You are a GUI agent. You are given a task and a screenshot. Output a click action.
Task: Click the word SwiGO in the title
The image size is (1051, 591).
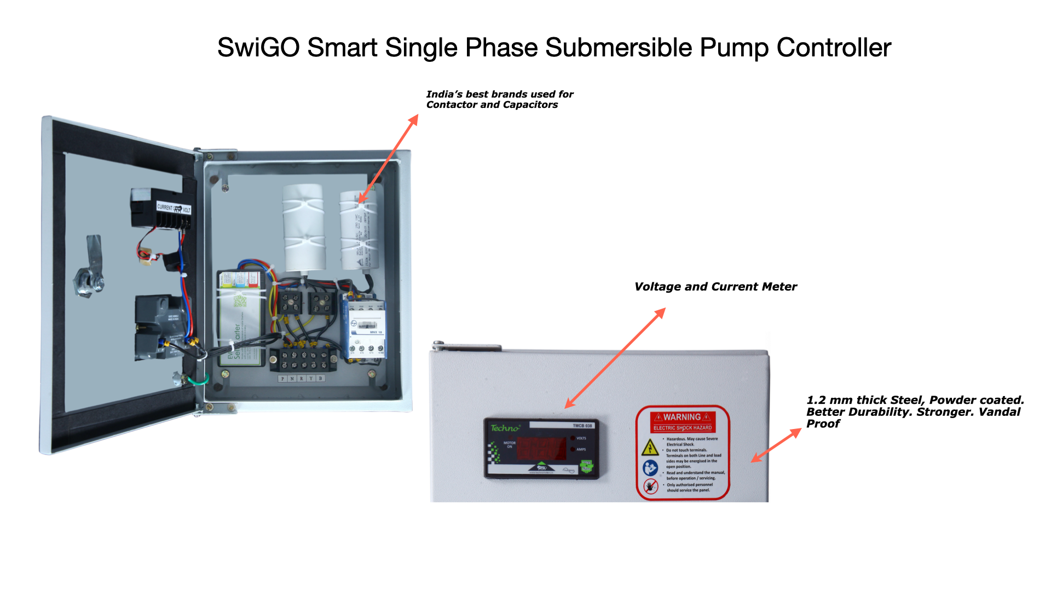(x=258, y=48)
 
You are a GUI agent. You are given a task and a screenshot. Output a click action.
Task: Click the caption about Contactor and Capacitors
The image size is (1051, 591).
(x=499, y=100)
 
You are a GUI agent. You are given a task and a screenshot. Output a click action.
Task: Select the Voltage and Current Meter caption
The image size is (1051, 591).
(x=715, y=287)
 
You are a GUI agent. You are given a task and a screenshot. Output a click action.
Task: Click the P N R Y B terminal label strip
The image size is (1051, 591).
(x=302, y=378)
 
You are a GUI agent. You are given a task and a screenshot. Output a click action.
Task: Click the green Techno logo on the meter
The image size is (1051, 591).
(x=504, y=428)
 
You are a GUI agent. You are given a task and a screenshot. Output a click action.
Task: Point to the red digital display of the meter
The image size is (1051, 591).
(x=541, y=449)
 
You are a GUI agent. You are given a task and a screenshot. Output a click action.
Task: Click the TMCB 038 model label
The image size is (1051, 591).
(x=582, y=425)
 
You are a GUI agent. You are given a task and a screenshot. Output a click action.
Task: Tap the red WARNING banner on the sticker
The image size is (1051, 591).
(x=683, y=418)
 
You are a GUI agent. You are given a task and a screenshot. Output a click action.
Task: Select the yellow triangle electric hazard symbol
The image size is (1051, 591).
(x=650, y=448)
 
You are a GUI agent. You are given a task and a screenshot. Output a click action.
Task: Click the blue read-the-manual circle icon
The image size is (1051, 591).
(x=650, y=468)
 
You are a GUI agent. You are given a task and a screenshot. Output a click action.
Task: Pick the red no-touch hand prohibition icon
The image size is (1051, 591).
(x=650, y=486)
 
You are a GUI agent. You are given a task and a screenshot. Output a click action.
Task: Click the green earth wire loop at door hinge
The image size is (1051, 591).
(x=197, y=379)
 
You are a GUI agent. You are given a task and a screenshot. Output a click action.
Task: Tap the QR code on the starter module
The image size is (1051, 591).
(x=240, y=300)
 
